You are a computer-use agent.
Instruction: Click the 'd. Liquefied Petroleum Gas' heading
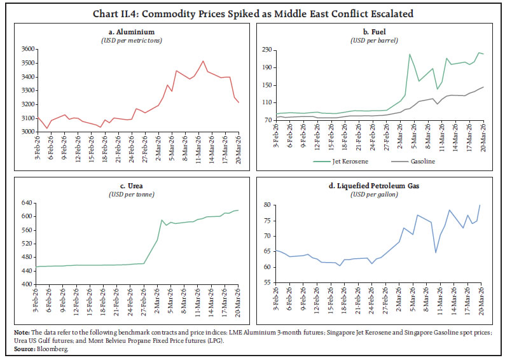pyautogui.click(x=378, y=186)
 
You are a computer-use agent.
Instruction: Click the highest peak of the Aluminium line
pyautogui.click(x=203, y=61)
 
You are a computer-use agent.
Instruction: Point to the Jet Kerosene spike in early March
pyautogui.click(x=410, y=55)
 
